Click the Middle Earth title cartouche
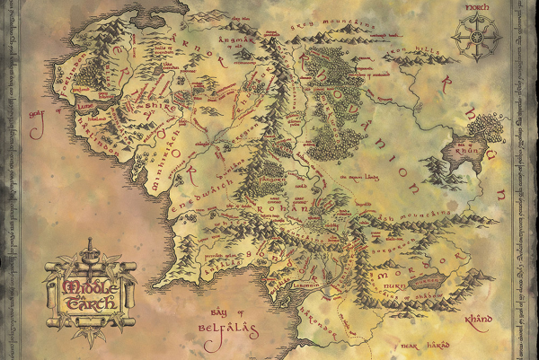click(x=87, y=289)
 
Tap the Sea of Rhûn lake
click(x=468, y=149)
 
